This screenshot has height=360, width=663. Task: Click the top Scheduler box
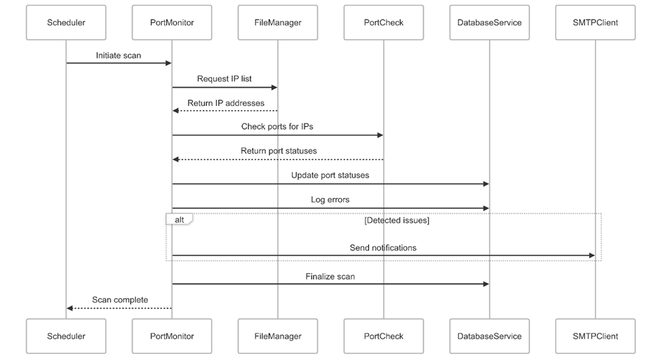point(66,22)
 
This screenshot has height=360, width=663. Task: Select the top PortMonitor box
point(172,22)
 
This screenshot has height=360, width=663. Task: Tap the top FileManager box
point(278,22)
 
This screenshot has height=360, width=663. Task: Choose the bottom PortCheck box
point(384,336)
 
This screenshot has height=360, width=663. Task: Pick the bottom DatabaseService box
point(489,336)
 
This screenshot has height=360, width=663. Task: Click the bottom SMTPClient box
point(595,336)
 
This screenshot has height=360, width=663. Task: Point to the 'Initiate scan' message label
point(119,55)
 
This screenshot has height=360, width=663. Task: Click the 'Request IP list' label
point(225,79)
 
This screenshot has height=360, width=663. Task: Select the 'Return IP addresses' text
point(226,103)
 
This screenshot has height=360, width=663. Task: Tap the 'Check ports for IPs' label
point(277,127)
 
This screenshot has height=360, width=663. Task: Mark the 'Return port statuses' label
point(279,151)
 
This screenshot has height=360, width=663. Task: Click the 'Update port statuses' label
point(330,175)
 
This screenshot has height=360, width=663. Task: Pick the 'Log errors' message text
point(330,199)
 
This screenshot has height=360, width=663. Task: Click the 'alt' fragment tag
point(180,219)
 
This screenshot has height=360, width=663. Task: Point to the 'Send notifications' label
point(383,248)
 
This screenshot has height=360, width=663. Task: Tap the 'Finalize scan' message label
point(330,276)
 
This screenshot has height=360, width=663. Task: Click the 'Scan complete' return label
point(120,300)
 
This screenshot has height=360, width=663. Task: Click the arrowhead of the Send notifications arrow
point(591,255)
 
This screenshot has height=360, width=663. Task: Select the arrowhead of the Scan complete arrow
point(70,308)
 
